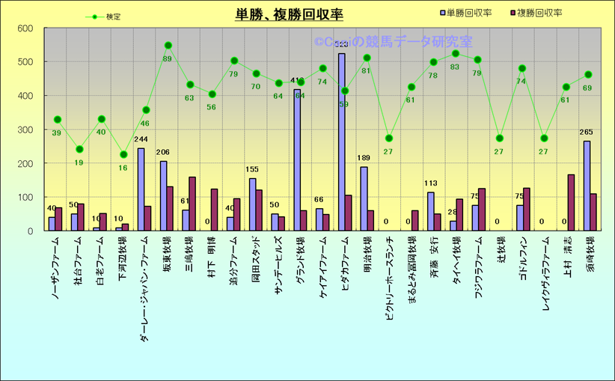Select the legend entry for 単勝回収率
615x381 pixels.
(x=465, y=13)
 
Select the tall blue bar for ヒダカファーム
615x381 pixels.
(x=341, y=142)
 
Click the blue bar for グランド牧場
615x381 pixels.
(x=297, y=160)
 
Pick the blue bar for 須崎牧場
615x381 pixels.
(x=587, y=186)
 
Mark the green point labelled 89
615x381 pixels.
(x=168, y=46)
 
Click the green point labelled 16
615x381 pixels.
(x=123, y=155)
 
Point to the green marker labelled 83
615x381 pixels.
(x=456, y=54)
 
